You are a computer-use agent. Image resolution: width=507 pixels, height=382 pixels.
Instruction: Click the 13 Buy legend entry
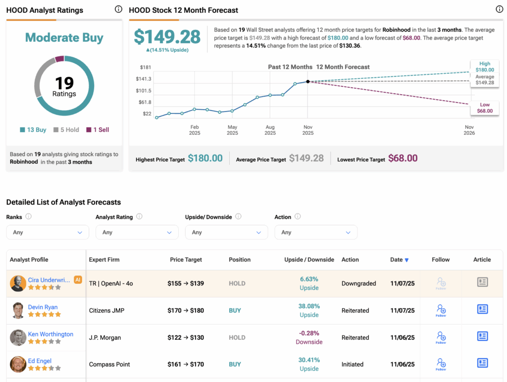33,130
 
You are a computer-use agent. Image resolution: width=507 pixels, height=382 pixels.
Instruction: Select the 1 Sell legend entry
98,130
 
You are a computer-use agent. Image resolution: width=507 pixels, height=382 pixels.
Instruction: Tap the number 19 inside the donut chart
64,82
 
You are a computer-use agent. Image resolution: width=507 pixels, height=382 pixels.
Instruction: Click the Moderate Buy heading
64,37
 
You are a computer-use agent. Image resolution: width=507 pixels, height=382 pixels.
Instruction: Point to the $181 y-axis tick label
146,67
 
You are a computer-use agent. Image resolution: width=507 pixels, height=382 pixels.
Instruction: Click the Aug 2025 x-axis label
270,130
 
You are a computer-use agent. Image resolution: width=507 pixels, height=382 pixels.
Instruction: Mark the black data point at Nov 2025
308,82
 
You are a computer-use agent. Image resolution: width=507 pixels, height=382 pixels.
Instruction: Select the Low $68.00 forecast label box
485,108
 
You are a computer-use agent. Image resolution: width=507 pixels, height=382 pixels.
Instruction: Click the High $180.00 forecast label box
485,66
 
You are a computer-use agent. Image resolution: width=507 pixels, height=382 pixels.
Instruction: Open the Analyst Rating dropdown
137,232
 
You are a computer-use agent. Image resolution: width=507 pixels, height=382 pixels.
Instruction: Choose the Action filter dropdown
316,232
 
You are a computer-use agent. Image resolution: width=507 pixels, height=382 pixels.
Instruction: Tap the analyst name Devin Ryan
43,307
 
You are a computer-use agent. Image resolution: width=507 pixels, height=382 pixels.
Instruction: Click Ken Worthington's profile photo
18,337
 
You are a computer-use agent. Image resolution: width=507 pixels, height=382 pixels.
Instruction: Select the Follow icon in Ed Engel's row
441,364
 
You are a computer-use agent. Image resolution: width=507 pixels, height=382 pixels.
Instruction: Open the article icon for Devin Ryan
482,310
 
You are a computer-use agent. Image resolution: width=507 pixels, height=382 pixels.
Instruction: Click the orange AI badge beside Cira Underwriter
78,279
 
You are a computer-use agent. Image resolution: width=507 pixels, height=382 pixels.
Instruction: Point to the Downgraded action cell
358,283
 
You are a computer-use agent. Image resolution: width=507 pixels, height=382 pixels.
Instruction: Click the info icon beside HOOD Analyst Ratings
118,9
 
